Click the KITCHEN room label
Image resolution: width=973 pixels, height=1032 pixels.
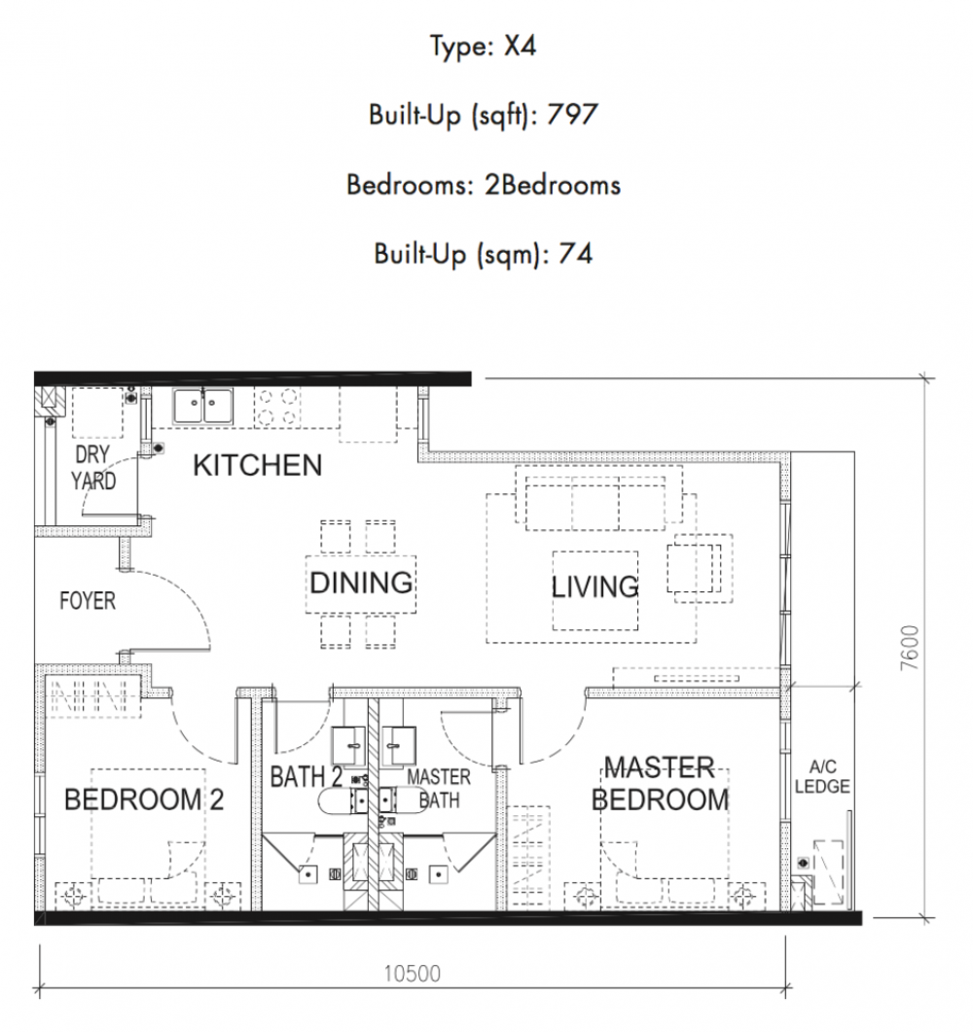258,465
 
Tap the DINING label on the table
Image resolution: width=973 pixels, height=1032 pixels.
361,584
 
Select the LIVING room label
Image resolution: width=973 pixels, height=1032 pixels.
595,587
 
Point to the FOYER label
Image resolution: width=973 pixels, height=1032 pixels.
88,600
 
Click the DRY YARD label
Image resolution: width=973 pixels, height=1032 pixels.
93,468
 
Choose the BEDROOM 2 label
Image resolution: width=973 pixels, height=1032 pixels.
144,800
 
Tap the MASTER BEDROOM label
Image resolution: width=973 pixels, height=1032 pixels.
661,783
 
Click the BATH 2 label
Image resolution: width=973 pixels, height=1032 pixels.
306,777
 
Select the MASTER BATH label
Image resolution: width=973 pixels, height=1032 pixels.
439,789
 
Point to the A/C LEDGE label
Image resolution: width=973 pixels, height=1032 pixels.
822,776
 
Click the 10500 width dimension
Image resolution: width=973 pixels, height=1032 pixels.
413,974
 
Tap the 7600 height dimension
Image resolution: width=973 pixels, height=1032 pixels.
909,649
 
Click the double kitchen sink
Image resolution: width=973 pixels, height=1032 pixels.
202,406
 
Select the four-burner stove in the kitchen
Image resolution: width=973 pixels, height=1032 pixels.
277,407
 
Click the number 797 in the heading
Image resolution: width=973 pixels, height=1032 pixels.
572,115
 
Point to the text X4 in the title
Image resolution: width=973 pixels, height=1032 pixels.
521,46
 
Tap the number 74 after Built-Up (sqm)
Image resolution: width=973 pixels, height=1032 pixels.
575,254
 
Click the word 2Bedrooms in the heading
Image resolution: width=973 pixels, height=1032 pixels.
553,185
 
